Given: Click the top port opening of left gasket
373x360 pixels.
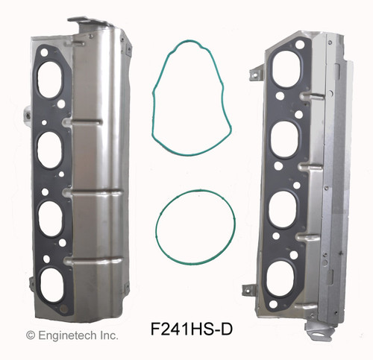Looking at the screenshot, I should point(51,82).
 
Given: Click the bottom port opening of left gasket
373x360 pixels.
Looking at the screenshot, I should point(51,282).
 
